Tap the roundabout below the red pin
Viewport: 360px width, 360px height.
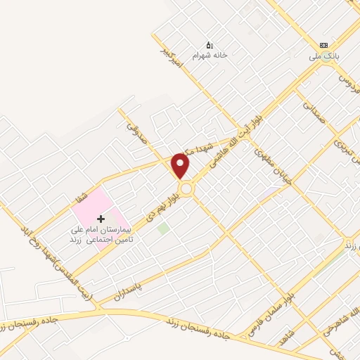186,188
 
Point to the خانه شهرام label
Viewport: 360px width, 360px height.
211,54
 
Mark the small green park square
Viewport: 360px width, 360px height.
163,228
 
